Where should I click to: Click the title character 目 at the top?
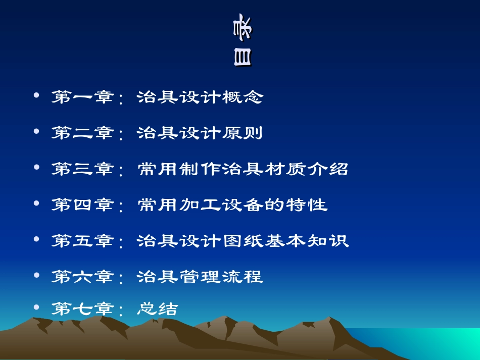click(242, 58)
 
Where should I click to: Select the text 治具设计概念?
click(200, 97)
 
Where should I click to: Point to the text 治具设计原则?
click(200, 133)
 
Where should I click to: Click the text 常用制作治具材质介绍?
click(243, 169)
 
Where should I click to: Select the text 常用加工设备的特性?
click(232, 205)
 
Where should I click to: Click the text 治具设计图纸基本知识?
click(243, 241)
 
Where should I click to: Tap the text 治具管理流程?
click(200, 277)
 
